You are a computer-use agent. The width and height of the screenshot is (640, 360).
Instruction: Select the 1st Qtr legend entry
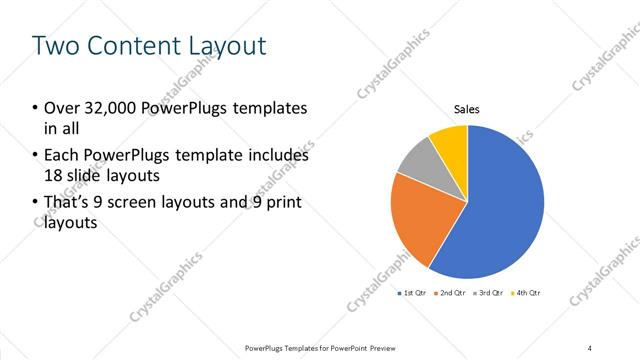point(413,293)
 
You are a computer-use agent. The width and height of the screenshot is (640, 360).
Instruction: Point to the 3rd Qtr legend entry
point(489,293)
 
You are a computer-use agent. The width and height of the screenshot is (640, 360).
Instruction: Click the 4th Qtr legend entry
point(526,293)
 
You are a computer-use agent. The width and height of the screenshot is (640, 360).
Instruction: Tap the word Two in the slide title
point(54,45)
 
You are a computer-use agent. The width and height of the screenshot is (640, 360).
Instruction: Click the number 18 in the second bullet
point(53,176)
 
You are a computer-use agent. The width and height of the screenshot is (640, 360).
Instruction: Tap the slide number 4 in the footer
point(590,347)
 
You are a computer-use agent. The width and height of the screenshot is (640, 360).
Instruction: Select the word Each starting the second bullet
point(62,156)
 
